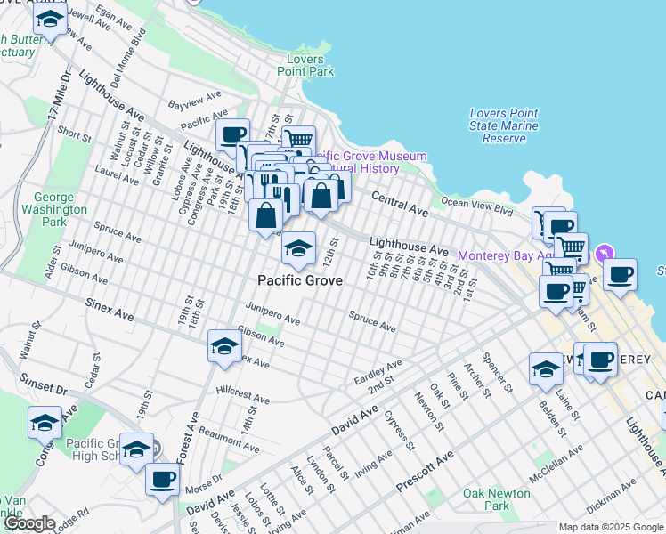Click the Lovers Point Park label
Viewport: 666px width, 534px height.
pyautogui.click(x=305, y=65)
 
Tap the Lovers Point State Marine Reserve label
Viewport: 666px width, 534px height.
pyautogui.click(x=504, y=125)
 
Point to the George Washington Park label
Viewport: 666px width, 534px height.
pyautogui.click(x=60, y=209)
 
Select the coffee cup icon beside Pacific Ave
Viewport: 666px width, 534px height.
pyautogui.click(x=232, y=135)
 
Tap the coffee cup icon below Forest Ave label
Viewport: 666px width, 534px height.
pyautogui.click(x=162, y=480)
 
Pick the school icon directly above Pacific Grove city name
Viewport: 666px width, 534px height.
pyautogui.click(x=298, y=247)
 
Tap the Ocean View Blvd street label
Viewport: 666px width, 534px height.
pyautogui.click(x=478, y=208)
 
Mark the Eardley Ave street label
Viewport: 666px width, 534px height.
pyautogui.click(x=378, y=370)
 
